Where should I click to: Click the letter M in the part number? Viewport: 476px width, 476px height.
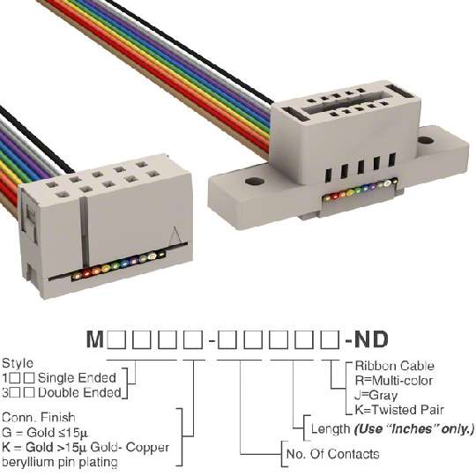point(95,339)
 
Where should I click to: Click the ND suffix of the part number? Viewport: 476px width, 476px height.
point(371,339)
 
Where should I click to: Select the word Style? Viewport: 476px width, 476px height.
point(18,363)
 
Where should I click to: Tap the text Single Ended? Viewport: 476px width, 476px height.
point(77,378)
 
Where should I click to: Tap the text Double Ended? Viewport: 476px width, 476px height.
point(79,393)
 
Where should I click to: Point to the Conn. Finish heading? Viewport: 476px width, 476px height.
point(39,418)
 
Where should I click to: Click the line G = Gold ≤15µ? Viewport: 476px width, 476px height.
point(45,432)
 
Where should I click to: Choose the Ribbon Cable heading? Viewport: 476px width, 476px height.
point(394,366)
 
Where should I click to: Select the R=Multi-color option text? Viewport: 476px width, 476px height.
point(394,381)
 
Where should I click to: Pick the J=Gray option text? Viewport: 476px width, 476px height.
point(376,396)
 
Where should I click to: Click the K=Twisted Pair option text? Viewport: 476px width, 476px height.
point(399,411)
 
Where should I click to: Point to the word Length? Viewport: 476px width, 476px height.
point(331,429)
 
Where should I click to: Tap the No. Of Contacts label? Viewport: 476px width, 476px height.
point(332,454)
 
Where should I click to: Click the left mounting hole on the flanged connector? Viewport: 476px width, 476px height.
point(255,182)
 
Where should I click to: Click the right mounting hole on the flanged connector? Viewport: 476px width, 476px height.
point(425,140)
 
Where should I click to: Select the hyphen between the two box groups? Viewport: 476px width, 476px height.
point(212,341)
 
